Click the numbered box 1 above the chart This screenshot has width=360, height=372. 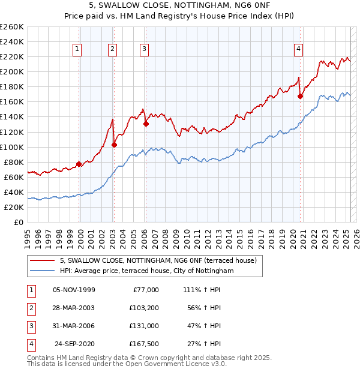pos(79,50)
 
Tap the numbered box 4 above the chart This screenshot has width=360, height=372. pos(298,50)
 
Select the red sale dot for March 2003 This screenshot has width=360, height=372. pos(114,144)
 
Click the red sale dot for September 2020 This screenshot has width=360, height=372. pos(301,96)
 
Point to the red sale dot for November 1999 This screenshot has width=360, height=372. pos(79,164)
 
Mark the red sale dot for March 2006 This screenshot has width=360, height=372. pos(146,124)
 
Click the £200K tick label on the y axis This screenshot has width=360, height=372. pos(12,71)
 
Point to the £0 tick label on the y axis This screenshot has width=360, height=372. pos(19,222)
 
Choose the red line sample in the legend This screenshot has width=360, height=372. pos(42,260)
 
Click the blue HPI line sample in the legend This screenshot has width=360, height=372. pos(42,271)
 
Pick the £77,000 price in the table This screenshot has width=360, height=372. pos(145,290)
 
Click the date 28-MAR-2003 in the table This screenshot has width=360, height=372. pos(74,308)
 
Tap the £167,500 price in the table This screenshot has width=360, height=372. pos(143,344)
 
